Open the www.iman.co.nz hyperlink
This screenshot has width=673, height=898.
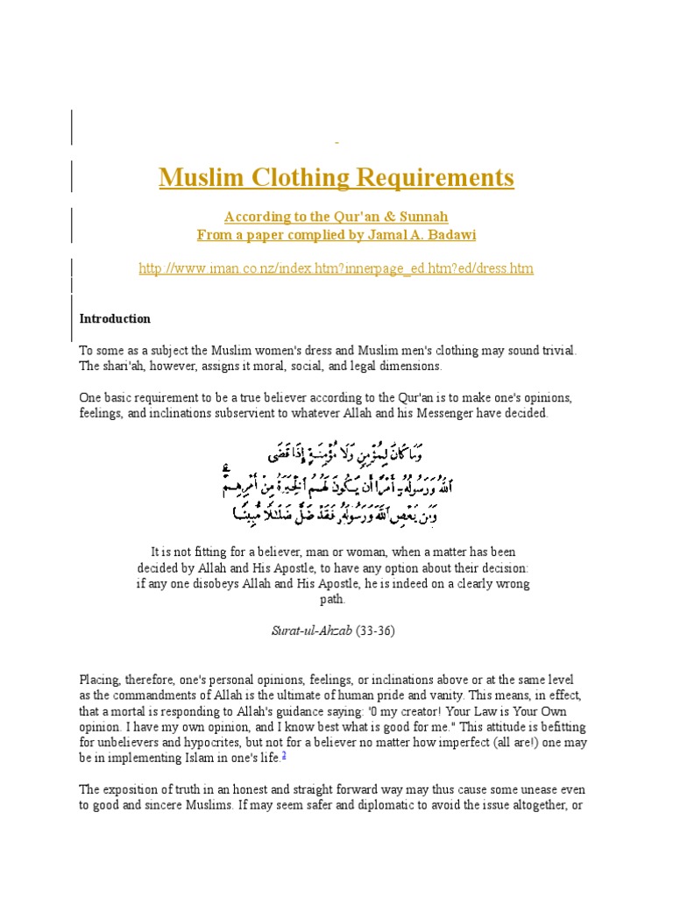[336, 268]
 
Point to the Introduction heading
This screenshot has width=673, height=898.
[115, 318]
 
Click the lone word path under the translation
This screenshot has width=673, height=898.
[333, 600]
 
